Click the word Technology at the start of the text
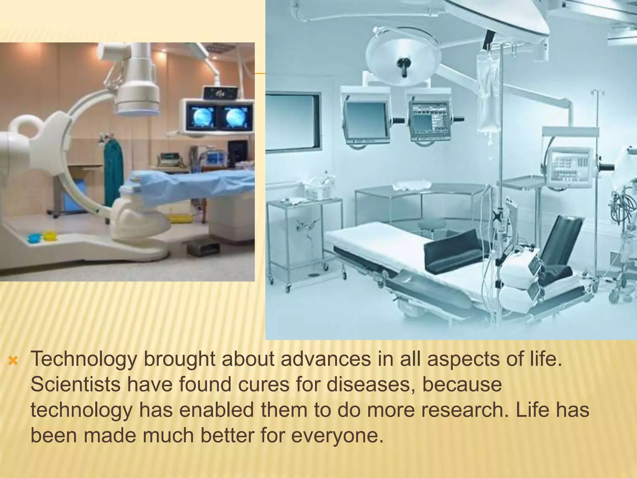[84, 359]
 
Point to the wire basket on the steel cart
[317, 188]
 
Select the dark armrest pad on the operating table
[451, 252]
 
